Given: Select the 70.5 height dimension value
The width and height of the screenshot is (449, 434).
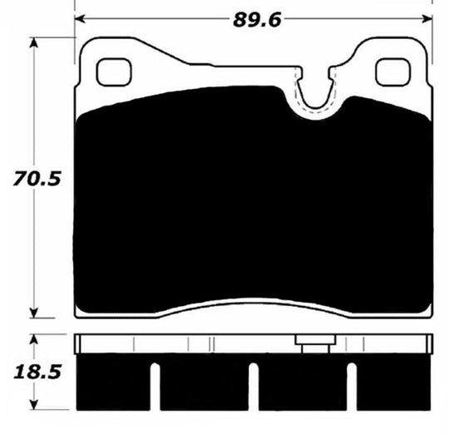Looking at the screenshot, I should tap(22, 179).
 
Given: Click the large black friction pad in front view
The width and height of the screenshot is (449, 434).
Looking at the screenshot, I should tap(254, 208).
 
